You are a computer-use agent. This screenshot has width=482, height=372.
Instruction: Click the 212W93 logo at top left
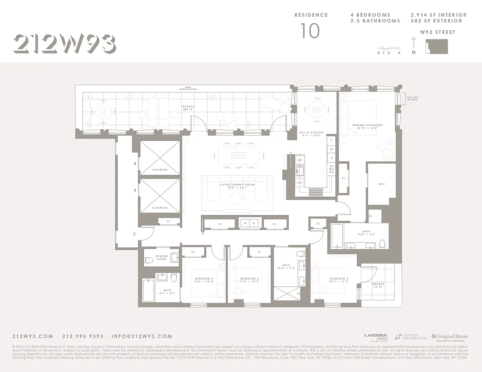(65, 44)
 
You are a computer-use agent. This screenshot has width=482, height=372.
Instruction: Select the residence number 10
(310, 31)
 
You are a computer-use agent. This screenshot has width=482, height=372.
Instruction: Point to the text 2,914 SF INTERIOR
(436, 15)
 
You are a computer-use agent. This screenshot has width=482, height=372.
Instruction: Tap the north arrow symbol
(414, 46)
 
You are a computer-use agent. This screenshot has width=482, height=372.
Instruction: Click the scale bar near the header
(389, 48)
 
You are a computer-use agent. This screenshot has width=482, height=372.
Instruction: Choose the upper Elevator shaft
(160, 158)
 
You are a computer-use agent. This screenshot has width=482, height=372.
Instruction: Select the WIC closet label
(381, 184)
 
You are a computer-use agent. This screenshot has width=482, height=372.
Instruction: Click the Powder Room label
(162, 257)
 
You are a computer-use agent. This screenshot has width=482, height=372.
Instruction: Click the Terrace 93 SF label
(378, 286)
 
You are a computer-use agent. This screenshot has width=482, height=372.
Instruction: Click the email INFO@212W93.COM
(142, 336)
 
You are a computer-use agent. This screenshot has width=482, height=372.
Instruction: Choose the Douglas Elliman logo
(449, 337)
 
